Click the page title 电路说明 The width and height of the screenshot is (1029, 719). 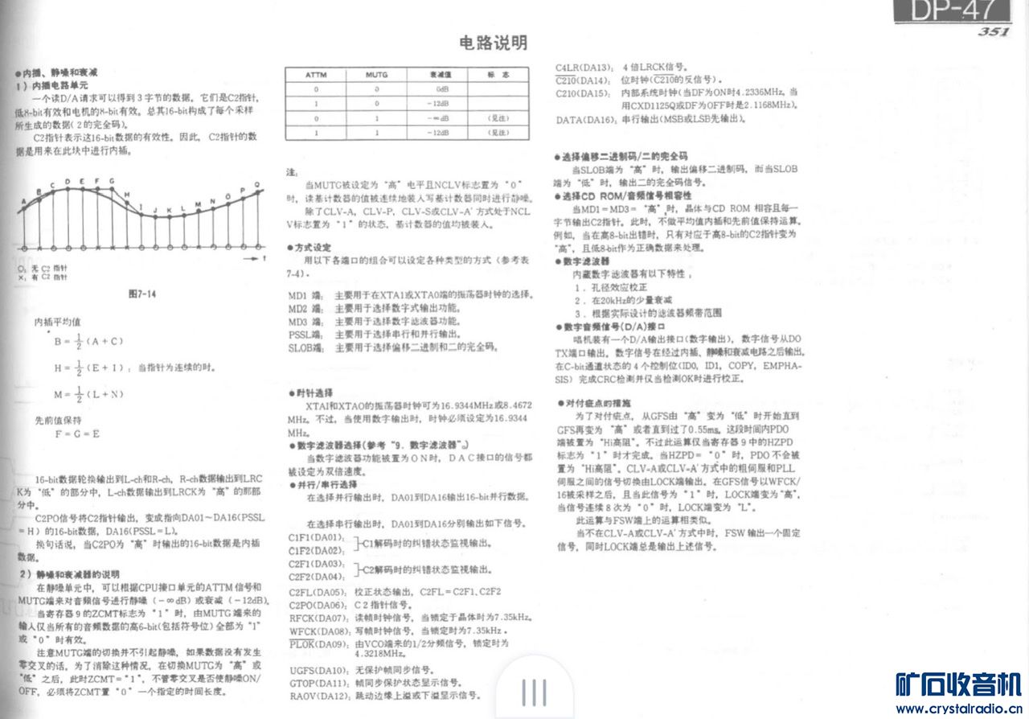[494, 43]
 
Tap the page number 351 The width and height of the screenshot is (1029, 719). [994, 32]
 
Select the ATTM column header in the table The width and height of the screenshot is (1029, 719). [316, 74]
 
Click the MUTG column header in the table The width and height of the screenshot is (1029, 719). [376, 74]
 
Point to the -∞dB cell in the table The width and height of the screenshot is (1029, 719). [441, 117]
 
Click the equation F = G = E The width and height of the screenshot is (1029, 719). [77, 433]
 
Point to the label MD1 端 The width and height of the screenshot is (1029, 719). [305, 295]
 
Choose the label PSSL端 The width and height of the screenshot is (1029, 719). [305, 334]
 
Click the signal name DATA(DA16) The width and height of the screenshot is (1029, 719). [584, 120]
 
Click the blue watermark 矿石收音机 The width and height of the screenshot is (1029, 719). [958, 684]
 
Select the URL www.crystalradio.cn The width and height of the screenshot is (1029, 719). [958, 709]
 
